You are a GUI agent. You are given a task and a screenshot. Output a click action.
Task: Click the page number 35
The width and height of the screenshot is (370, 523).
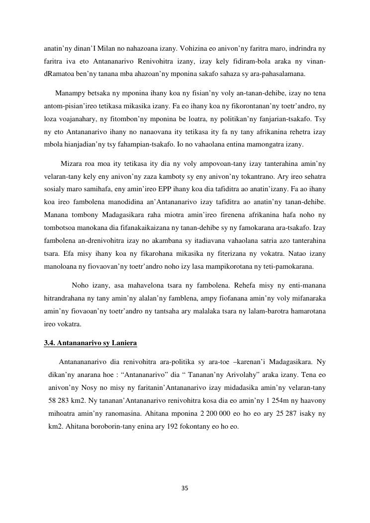coord(185,488)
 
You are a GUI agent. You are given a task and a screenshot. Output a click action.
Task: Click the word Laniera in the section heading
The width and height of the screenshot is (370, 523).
coord(122,343)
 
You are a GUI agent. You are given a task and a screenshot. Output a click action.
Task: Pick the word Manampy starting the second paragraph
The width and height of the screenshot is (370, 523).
coord(71,93)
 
